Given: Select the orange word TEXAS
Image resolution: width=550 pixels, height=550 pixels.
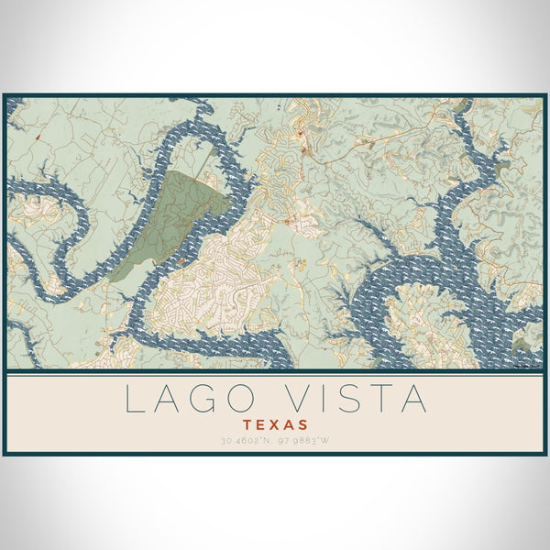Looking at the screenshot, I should (x=276, y=425).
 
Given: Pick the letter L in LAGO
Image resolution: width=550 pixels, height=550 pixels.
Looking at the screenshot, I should (x=134, y=400).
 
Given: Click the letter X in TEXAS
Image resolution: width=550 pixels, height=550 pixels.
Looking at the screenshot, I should (x=276, y=425).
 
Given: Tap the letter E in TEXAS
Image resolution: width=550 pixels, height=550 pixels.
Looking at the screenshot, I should (x=262, y=425).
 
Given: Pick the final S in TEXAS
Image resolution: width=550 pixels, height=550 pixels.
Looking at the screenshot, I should (x=303, y=425).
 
